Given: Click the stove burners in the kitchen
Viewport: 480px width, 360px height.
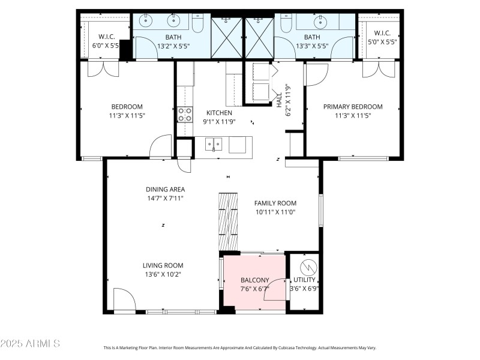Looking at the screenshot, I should (x=185, y=114).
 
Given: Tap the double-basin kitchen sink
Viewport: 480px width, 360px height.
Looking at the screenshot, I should (x=213, y=144).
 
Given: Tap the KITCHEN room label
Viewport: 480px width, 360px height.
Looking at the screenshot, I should (x=219, y=113).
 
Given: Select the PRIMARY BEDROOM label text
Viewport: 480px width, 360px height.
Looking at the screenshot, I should (x=353, y=107).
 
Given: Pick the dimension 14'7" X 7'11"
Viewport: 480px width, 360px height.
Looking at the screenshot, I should (x=166, y=198).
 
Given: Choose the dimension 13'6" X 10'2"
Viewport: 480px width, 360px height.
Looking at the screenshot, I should (x=163, y=274).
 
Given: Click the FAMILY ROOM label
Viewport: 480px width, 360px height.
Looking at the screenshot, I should (x=275, y=203).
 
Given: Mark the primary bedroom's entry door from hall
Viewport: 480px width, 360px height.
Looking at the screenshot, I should (x=316, y=74).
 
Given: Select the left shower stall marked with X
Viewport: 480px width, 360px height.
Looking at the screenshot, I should (x=226, y=38).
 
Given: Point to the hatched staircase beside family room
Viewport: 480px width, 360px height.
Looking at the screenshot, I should (x=228, y=220).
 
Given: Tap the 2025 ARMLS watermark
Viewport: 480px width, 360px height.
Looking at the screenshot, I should (x=30, y=344).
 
